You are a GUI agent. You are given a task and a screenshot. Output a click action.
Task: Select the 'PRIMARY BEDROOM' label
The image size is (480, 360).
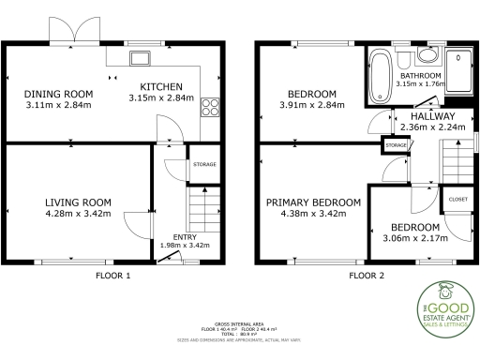(313, 202)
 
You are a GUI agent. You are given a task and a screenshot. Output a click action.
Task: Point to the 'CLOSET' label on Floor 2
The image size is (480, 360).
(458, 200)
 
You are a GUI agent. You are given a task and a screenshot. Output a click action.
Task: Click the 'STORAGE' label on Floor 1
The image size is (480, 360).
(204, 165)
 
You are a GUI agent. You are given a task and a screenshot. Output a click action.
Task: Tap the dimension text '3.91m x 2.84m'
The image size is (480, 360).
(312, 105)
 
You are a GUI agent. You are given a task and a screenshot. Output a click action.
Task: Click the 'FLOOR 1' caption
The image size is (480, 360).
(113, 277)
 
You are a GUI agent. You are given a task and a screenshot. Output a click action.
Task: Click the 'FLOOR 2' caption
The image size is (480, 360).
(367, 277)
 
